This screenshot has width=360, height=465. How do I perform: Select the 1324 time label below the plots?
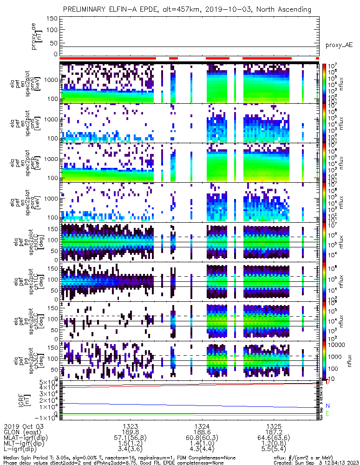202,426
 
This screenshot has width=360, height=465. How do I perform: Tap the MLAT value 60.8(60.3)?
202,438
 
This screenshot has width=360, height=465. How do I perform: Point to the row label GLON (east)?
20,432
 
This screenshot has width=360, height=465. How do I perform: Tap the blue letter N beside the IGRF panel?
327,406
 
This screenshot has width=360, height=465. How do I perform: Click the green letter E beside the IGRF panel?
327,413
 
